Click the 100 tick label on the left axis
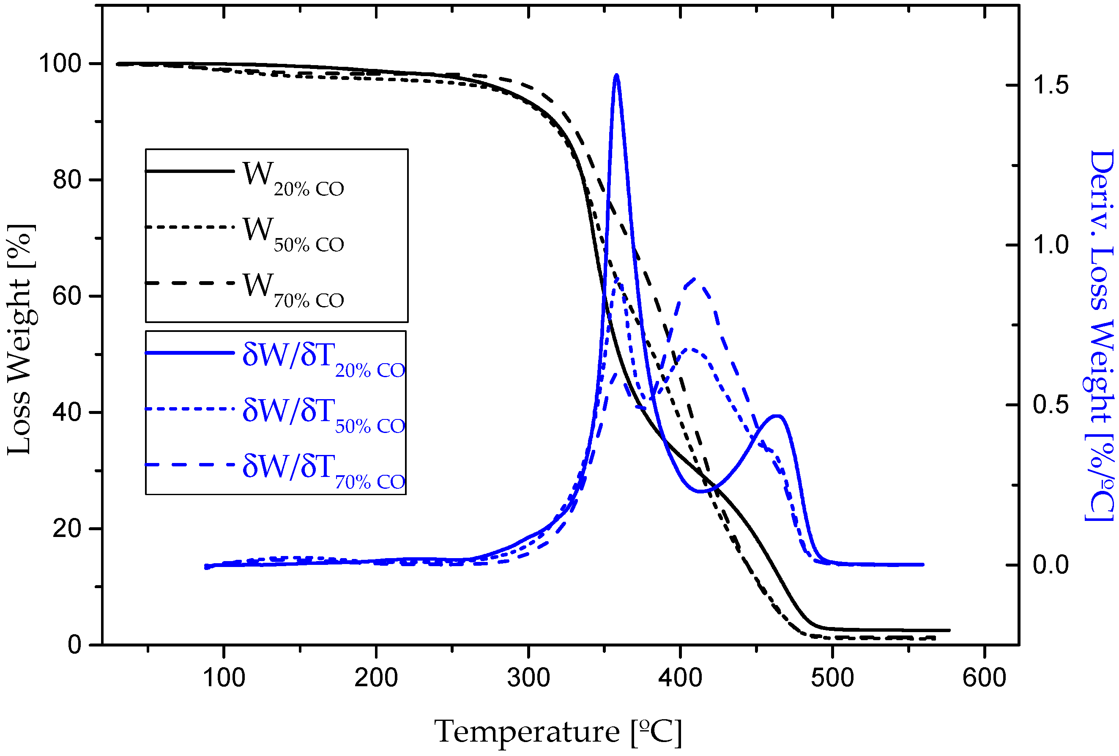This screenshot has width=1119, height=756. (60, 63)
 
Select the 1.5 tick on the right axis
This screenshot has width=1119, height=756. (1050, 85)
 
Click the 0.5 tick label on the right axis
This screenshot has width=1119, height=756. (1050, 405)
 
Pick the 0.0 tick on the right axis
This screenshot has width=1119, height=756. (1050, 564)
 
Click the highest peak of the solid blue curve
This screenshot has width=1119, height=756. (616, 75)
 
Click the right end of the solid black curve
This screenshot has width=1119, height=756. (949, 630)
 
